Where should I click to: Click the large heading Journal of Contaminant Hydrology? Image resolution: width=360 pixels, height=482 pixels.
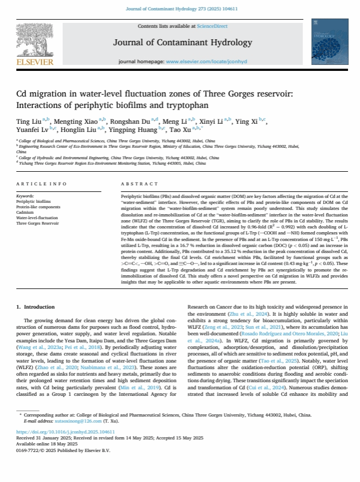click(x=182, y=43)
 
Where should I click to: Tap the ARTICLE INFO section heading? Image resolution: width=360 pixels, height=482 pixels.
click(x=42, y=184)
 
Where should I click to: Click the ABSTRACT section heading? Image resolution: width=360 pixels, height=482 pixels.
click(x=140, y=184)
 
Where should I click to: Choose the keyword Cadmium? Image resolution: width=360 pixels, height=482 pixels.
click(x=26, y=212)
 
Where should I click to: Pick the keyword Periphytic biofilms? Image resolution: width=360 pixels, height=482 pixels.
click(x=34, y=201)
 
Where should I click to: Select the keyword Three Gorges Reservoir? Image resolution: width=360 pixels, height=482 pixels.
click(x=38, y=224)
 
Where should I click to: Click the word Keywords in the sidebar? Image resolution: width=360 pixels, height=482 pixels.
click(x=26, y=196)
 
